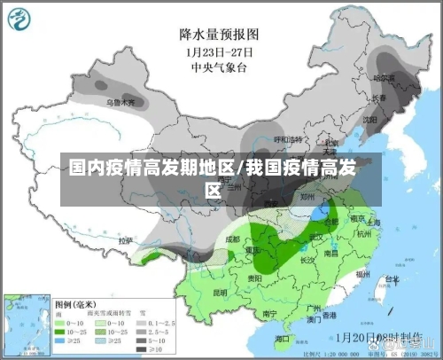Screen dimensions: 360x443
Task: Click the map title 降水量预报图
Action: click(219, 35)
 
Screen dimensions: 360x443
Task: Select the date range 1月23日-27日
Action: click(219, 51)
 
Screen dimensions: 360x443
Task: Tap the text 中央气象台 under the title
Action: click(219, 65)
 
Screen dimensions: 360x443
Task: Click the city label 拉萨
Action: click(126, 240)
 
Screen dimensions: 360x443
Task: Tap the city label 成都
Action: click(232, 239)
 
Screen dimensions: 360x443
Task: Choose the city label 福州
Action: click(362, 275)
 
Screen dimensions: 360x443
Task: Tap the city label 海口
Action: click(282, 338)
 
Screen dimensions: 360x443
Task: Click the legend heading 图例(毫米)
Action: click(81, 302)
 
